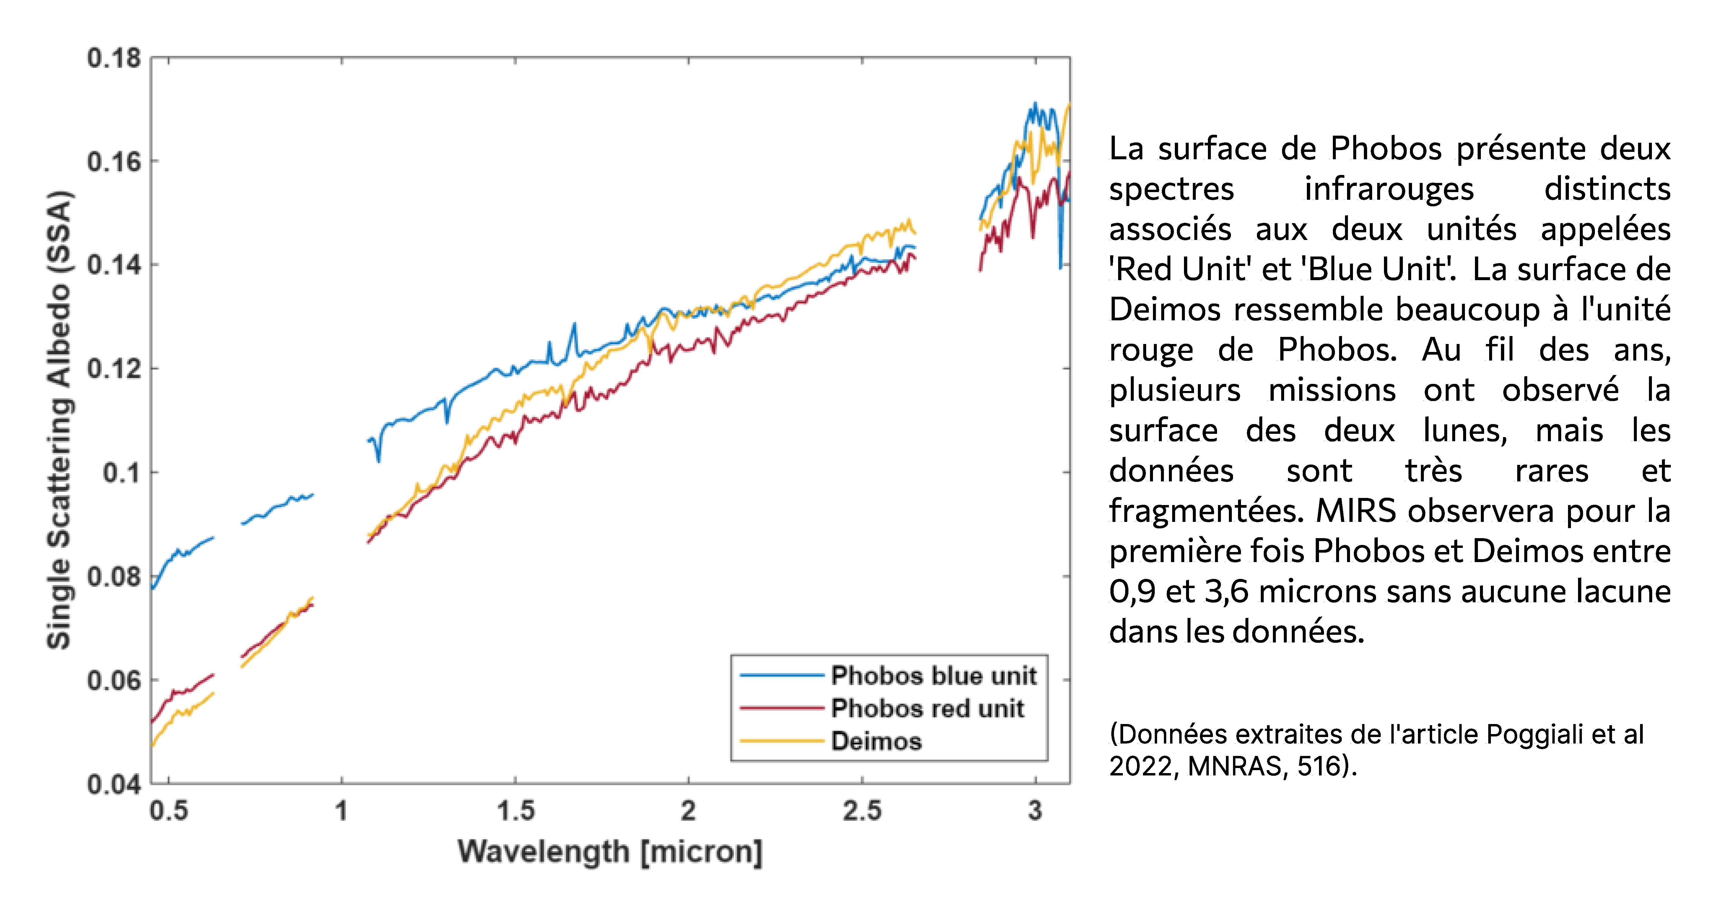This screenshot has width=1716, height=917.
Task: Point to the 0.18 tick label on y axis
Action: click(114, 59)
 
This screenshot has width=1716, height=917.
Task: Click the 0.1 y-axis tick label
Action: click(122, 473)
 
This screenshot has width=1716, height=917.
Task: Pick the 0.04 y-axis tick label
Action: click(114, 784)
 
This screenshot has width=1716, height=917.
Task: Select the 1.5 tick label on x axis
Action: click(515, 811)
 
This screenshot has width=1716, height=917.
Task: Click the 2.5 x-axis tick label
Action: click(862, 811)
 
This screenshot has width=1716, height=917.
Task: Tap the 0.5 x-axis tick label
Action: click(169, 811)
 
